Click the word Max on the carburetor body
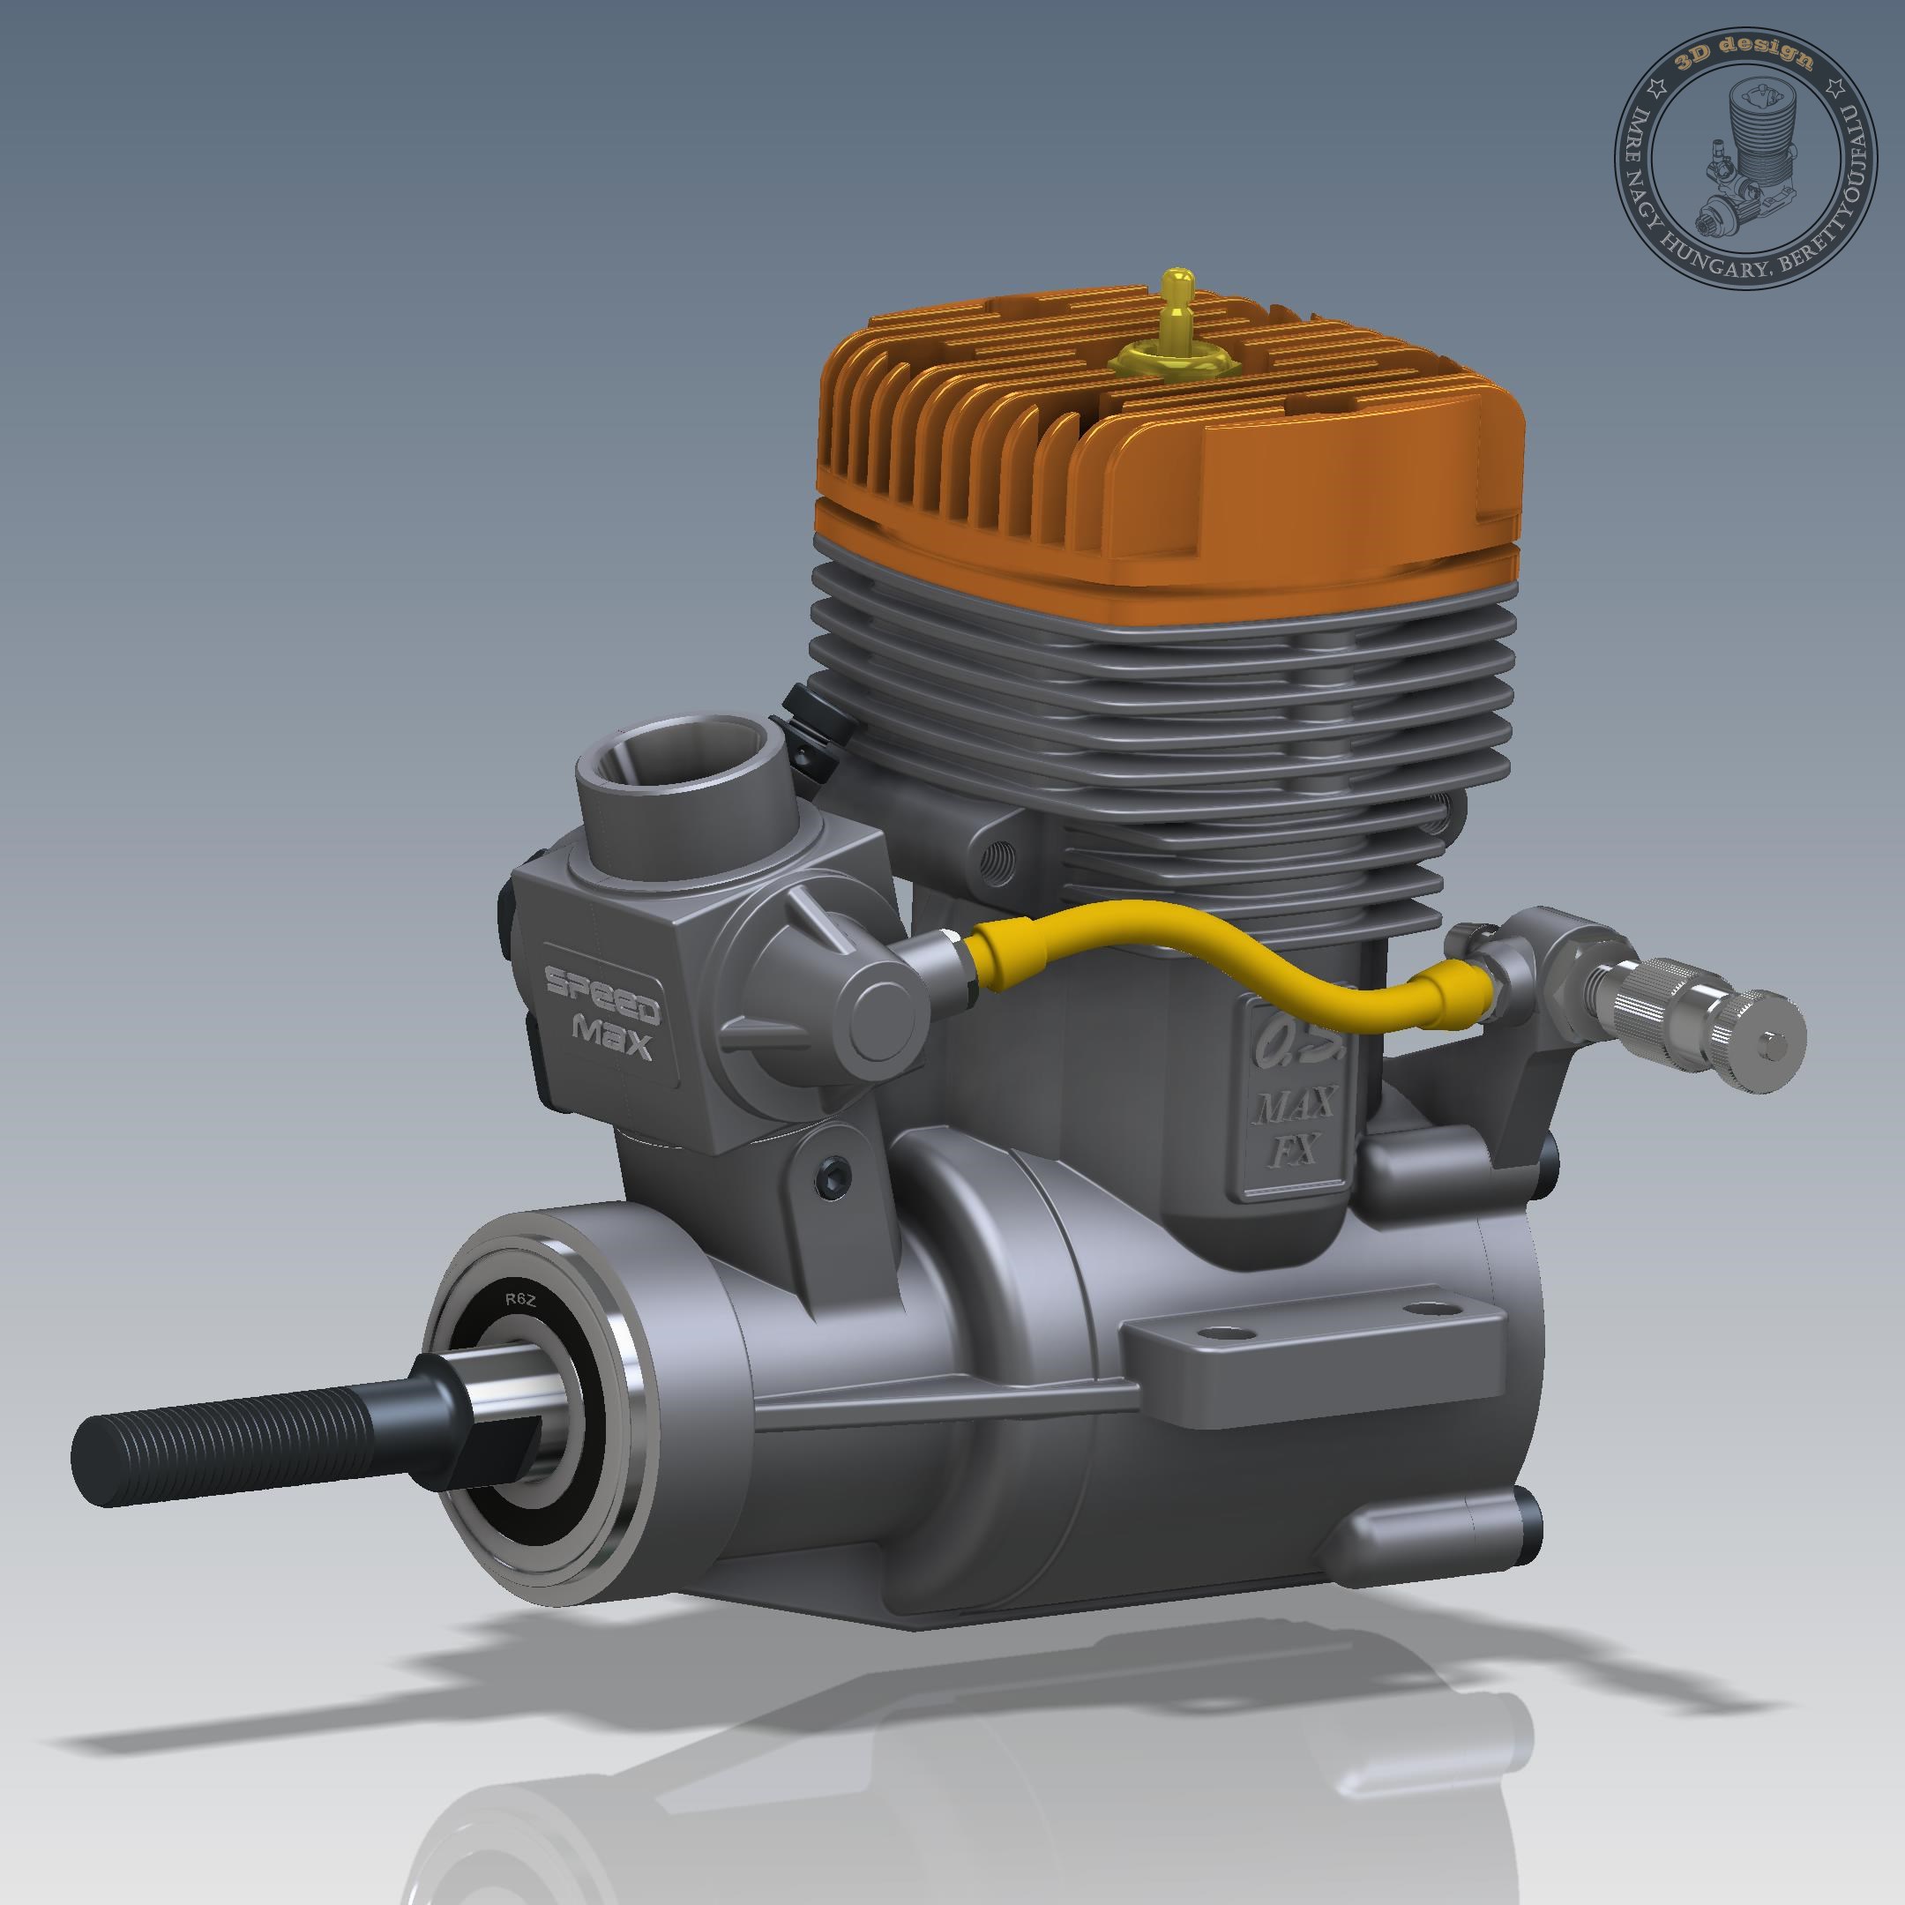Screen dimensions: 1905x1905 pyautogui.click(x=612, y=1035)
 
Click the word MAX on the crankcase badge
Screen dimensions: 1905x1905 pyautogui.click(x=1296, y=1104)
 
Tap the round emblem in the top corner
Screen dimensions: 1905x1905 pyautogui.click(x=1744, y=158)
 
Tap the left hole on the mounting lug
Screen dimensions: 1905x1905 pyautogui.click(x=1219, y=1333)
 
